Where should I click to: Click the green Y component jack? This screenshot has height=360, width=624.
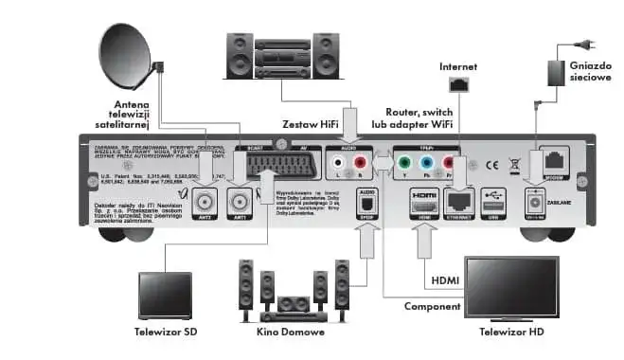[x=405, y=164]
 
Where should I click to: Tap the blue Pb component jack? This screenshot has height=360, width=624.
[x=426, y=164]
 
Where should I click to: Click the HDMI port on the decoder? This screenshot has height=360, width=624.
[x=421, y=202]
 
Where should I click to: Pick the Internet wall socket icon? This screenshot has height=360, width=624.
[x=460, y=83]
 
